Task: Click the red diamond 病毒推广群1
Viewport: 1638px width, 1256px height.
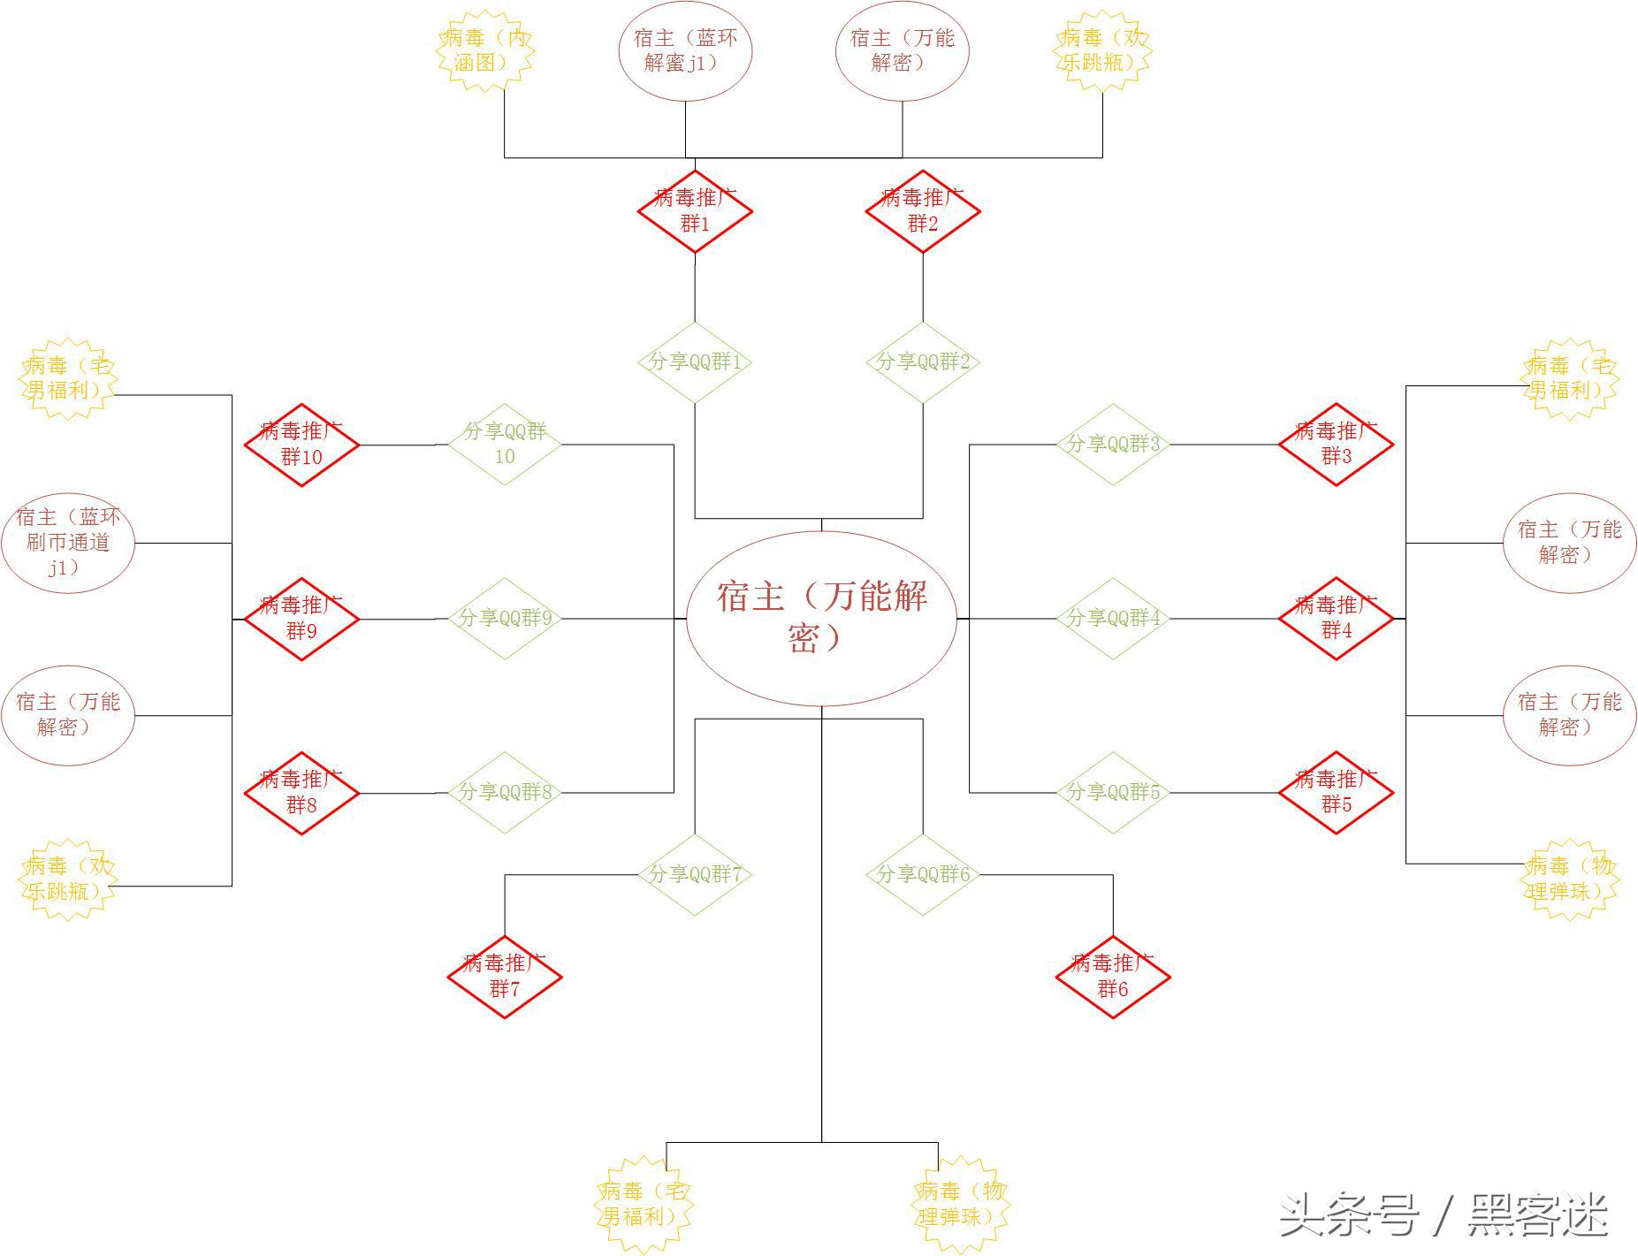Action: click(x=695, y=211)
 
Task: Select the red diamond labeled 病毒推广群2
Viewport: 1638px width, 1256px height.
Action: click(x=923, y=211)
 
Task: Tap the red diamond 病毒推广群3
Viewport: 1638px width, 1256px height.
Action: click(x=1336, y=444)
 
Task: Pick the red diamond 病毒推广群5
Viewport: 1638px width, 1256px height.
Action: click(x=1336, y=792)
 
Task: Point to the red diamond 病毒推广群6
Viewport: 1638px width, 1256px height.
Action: click(x=1113, y=977)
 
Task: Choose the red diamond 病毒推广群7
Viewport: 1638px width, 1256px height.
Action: click(x=505, y=977)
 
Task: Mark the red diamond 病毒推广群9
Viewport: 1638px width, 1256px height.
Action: click(x=301, y=619)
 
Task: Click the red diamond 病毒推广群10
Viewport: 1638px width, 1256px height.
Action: click(x=301, y=445)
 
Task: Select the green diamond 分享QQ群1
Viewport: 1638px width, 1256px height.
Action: click(x=695, y=362)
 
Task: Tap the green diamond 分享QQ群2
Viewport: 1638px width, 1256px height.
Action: click(x=923, y=362)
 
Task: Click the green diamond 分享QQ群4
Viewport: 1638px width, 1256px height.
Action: click(x=1113, y=618)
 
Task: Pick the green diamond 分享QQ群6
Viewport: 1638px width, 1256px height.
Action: click(x=923, y=874)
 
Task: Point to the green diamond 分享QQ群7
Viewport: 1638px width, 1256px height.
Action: click(x=695, y=874)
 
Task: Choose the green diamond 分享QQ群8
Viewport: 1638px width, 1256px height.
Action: click(x=505, y=792)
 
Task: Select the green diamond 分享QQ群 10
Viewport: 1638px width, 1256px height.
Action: click(x=505, y=444)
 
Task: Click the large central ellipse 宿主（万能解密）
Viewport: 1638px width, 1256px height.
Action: click(x=821, y=618)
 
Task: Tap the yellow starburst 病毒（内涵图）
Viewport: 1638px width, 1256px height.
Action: click(x=485, y=51)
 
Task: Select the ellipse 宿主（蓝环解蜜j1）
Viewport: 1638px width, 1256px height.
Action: click(x=685, y=51)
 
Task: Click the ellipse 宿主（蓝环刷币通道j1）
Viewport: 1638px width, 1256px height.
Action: click(x=68, y=543)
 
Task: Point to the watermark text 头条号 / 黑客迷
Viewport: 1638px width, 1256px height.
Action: click(x=1443, y=1215)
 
